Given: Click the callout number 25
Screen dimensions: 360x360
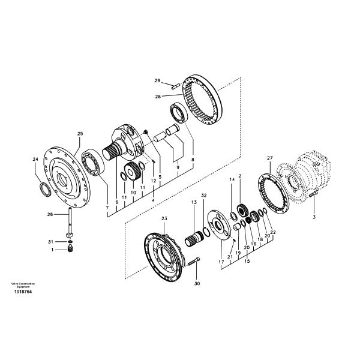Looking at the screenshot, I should pos(80,133).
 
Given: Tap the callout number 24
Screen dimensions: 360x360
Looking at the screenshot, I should pos(35,159).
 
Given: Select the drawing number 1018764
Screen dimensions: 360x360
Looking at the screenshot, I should pos(23,292).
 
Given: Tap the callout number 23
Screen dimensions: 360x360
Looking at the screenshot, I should pos(164,220).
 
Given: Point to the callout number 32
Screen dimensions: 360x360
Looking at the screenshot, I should pos(204,196).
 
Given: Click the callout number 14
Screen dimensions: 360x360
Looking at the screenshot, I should pos(232,179).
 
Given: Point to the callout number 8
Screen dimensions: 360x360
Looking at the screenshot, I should pos(192,160).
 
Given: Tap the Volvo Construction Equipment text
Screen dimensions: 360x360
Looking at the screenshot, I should pos(23,285).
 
